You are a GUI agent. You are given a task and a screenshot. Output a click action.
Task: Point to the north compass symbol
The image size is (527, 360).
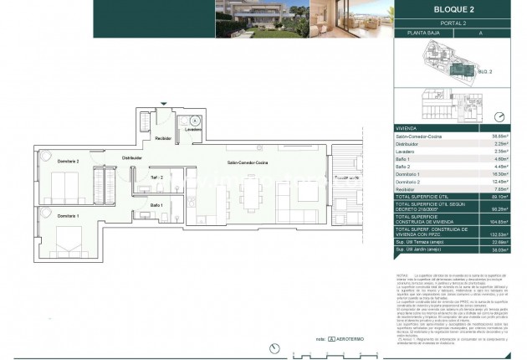pyautogui.click(x=499, y=117)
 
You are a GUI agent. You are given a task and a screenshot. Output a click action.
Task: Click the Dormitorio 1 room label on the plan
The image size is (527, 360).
pyautogui.click(x=47, y=216)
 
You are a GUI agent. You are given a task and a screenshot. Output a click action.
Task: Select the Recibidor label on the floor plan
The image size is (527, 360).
pyautogui.click(x=164, y=138)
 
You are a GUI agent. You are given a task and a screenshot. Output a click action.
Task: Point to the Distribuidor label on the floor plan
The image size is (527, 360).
pyautogui.click(x=132, y=157)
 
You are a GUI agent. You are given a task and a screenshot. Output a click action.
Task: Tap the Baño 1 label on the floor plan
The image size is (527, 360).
pyautogui.click(x=156, y=204)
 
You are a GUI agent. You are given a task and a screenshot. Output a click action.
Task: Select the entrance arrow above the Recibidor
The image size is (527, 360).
pyautogui.click(x=164, y=103)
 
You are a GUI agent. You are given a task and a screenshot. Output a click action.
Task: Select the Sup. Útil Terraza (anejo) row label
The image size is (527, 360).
pyautogui.click(x=423, y=242)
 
